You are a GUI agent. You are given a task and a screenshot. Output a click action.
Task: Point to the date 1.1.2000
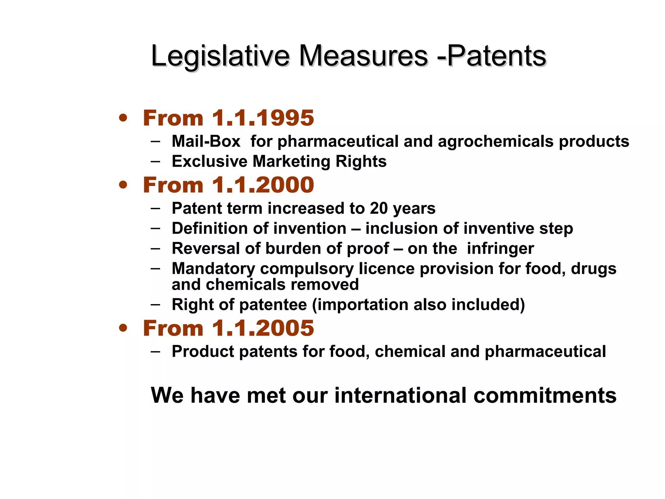[263, 185]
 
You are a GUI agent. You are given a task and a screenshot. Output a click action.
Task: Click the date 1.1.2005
[263, 328]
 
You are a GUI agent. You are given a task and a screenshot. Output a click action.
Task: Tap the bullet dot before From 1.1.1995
[123, 118]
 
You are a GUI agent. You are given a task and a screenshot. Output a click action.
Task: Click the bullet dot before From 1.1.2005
[123, 328]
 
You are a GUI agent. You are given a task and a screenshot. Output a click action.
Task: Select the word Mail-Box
[206, 141]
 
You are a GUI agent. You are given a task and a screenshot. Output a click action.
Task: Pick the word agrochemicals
[496, 141]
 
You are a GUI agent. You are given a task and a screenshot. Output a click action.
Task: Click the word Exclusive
[209, 161]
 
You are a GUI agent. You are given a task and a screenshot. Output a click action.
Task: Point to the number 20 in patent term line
[379, 208]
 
